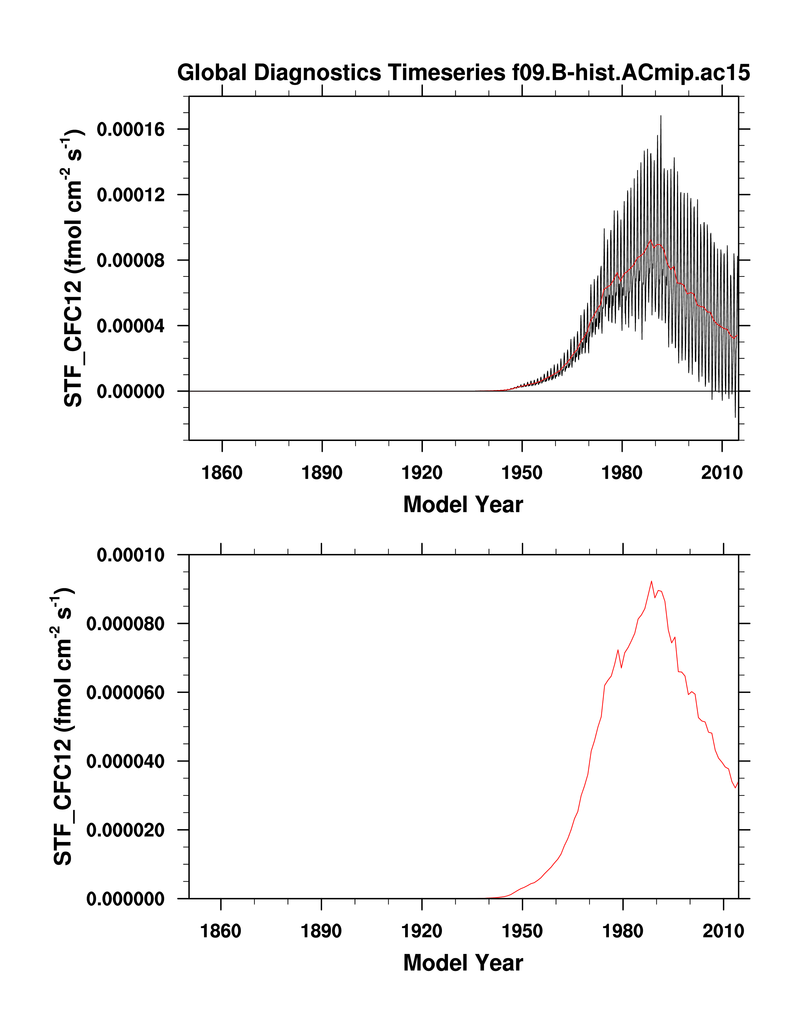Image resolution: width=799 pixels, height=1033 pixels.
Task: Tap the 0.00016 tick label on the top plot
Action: coord(130,129)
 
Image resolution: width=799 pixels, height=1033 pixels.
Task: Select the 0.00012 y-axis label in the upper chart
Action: coord(130,194)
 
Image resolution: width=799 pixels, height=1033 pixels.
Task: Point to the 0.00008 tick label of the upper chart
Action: coord(130,260)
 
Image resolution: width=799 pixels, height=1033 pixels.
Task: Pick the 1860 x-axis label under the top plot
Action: coord(222,472)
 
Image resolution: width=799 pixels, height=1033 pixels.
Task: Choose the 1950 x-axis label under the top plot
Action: coord(522,472)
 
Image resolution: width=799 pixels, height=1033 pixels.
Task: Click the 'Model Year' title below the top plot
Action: coord(463,504)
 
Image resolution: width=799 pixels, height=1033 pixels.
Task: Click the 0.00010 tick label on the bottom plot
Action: coord(130,555)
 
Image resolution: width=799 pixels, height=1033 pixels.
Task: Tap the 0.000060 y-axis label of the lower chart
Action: coord(125,693)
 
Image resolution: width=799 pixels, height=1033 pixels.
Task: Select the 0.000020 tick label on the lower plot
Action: coord(125,830)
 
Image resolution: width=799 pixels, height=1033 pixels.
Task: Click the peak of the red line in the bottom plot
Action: coord(651,581)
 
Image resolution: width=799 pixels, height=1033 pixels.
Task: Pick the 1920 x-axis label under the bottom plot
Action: coord(421,931)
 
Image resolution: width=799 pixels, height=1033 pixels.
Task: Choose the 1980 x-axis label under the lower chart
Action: coord(623,931)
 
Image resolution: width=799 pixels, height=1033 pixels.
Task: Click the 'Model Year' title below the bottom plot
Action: coord(463,962)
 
